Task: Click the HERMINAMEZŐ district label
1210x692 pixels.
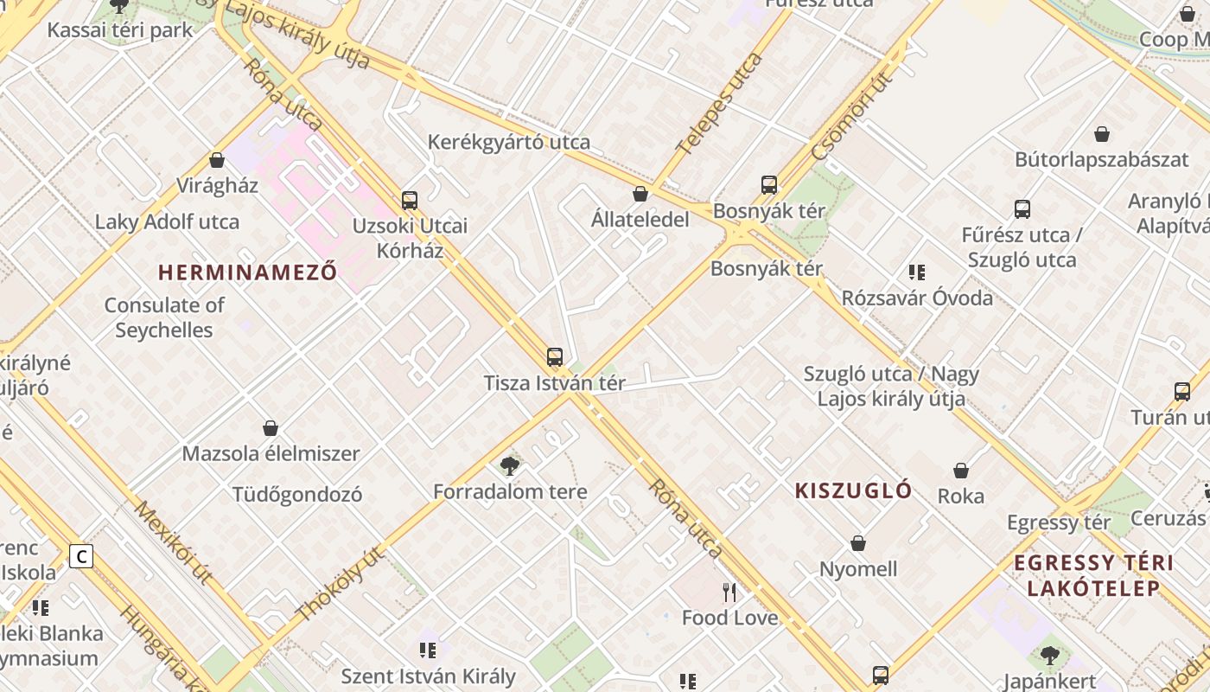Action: pyautogui.click(x=247, y=272)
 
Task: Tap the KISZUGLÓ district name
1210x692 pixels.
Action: pyautogui.click(x=853, y=491)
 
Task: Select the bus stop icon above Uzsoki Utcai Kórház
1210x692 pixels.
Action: pyautogui.click(x=410, y=201)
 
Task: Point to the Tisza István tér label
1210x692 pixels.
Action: pyautogui.click(x=554, y=383)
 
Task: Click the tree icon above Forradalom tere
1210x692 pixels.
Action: pyautogui.click(x=510, y=467)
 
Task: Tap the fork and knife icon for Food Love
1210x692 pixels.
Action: pyautogui.click(x=729, y=593)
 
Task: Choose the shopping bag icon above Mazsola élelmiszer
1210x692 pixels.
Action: pyautogui.click(x=271, y=428)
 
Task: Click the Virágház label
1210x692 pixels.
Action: pyautogui.click(x=217, y=185)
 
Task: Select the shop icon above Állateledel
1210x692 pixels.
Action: pyautogui.click(x=640, y=194)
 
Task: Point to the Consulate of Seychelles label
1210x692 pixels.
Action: pyautogui.click(x=164, y=317)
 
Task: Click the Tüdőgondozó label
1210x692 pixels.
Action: pyautogui.click(x=297, y=495)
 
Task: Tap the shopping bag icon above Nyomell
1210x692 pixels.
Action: pyautogui.click(x=858, y=543)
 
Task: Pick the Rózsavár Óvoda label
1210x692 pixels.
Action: pyautogui.click(x=917, y=298)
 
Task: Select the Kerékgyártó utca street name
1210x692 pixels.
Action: pyautogui.click(x=509, y=142)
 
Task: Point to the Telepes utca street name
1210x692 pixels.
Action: pyautogui.click(x=720, y=104)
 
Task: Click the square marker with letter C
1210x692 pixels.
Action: pyautogui.click(x=81, y=556)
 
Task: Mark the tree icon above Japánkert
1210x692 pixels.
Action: pyautogui.click(x=1050, y=656)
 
